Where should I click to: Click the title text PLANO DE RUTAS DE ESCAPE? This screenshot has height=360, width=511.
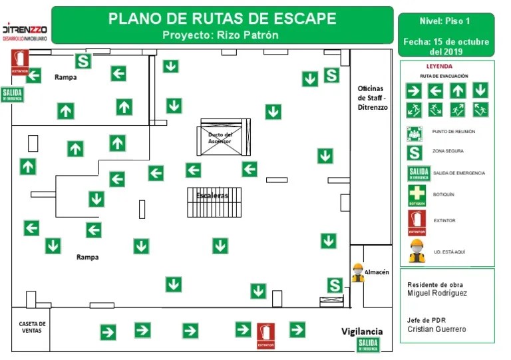[x=222, y=19]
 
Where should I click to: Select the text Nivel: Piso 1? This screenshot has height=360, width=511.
[x=446, y=21]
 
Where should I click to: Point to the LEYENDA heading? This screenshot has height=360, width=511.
[x=439, y=67]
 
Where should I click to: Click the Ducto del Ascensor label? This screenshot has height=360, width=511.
[x=220, y=138]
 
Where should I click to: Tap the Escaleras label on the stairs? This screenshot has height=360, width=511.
[x=212, y=196]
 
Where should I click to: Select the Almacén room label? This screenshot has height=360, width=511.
[x=377, y=271]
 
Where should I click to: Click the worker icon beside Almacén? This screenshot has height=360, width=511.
[x=358, y=272]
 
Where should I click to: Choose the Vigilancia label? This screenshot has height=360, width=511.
[x=362, y=331]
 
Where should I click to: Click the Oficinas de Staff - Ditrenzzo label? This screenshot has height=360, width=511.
[x=372, y=97]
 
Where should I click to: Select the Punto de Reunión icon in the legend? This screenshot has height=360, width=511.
[x=415, y=132]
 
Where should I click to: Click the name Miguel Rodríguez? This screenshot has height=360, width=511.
[x=437, y=293]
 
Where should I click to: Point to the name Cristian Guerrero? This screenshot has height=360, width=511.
[x=436, y=329]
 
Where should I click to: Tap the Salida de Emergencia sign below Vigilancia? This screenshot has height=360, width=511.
[x=368, y=345]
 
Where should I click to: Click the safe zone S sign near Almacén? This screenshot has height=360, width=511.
[x=335, y=285]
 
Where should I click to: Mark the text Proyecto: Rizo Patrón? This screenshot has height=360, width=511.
[x=220, y=35]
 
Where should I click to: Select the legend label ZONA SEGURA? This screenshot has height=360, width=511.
[x=444, y=152]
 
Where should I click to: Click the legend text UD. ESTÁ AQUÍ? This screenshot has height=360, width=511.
[x=449, y=252]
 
